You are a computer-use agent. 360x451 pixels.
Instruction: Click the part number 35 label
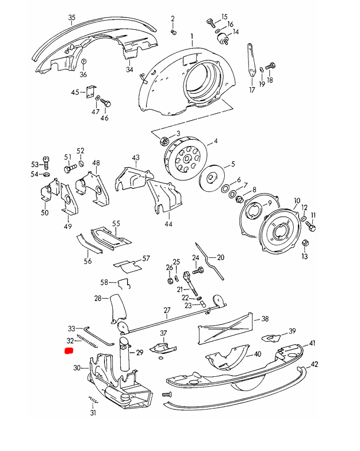(x=71, y=18)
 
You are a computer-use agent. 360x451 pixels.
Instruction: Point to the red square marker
(x=68, y=350)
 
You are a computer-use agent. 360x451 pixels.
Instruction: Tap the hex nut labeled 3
(x=164, y=140)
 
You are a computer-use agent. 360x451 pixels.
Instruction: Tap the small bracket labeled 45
(x=90, y=92)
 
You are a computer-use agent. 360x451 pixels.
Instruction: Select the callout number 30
(x=77, y=368)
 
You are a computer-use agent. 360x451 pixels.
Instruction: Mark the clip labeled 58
(x=123, y=283)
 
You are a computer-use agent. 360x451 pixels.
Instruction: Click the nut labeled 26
(x=170, y=280)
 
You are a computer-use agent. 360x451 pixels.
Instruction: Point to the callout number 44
(x=168, y=224)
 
